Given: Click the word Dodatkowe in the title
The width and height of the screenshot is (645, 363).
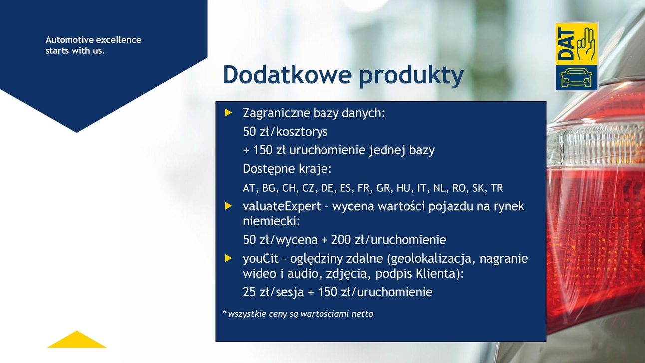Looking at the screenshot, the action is click(288, 74).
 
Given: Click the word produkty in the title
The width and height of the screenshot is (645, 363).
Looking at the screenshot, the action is click(412, 76).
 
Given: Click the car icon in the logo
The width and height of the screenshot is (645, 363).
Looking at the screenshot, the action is click(576, 78).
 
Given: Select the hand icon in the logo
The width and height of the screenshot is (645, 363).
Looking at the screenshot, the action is click(585, 44).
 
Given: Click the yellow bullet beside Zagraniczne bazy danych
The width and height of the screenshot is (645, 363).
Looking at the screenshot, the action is click(228, 113).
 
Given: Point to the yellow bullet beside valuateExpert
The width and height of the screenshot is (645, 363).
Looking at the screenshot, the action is click(228, 206).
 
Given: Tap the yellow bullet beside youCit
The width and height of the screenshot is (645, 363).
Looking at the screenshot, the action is click(228, 258).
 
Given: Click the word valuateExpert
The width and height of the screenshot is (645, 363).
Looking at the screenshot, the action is click(282, 207).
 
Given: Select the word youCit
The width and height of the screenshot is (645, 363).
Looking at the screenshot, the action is click(261, 259).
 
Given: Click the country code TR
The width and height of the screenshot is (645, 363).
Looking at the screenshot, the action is click(496, 188).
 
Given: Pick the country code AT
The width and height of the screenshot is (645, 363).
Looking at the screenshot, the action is click(249, 188).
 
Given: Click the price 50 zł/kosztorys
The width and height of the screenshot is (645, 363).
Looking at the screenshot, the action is click(285, 132).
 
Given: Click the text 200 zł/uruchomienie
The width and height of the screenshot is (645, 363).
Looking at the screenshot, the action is click(389, 240).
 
